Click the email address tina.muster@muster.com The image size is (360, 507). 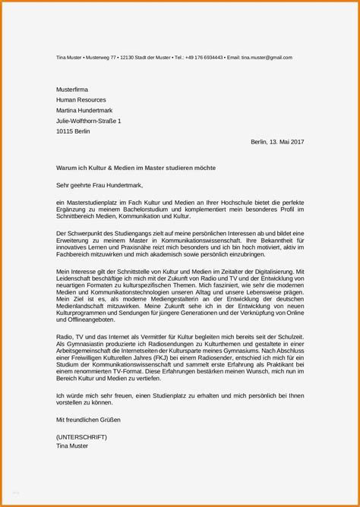coord(267,58)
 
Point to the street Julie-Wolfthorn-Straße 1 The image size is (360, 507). coord(88,121)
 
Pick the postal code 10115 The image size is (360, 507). coord(67,131)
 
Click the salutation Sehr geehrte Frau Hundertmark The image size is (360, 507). coord(99,184)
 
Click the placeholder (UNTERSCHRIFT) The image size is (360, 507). coord(81,437)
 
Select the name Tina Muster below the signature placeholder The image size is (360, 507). coord(72,446)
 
